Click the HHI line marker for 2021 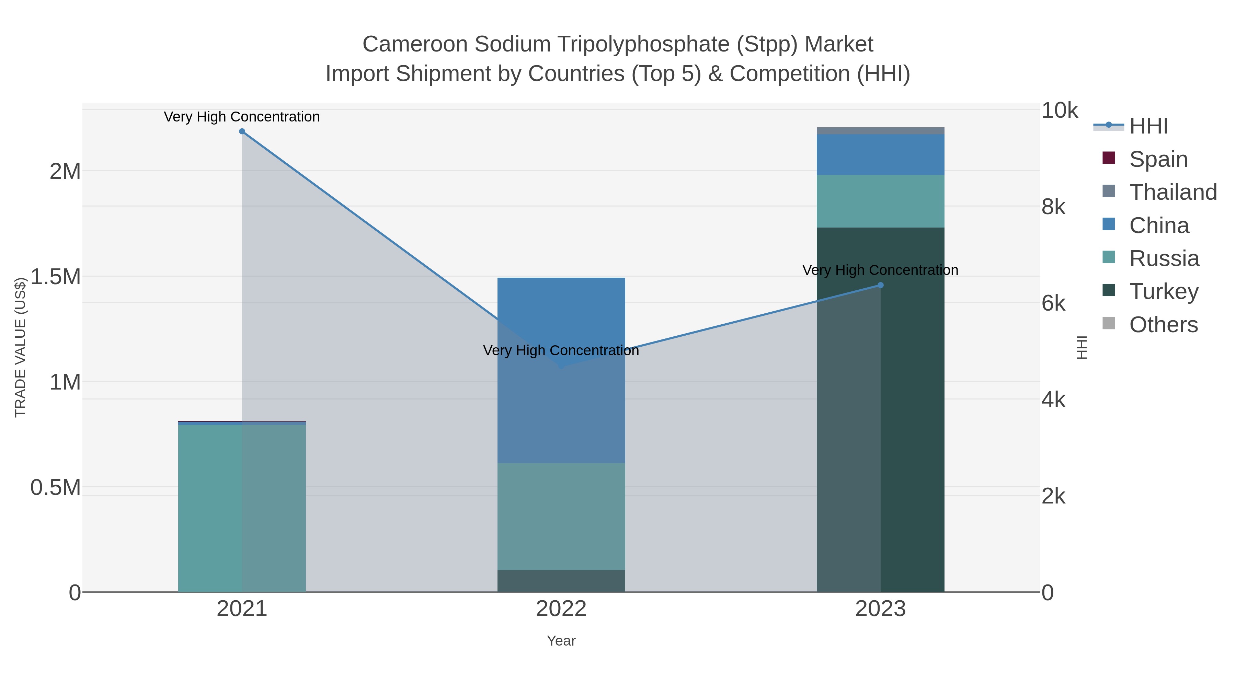pyautogui.click(x=242, y=131)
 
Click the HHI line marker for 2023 pyautogui.click(x=880, y=286)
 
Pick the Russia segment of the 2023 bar pyautogui.click(x=880, y=201)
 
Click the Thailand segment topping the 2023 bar pyautogui.click(x=880, y=131)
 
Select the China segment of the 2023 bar pyautogui.click(x=880, y=154)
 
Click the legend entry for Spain pyautogui.click(x=1158, y=159)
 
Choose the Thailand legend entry pyautogui.click(x=1172, y=192)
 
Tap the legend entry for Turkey pyautogui.click(x=1163, y=292)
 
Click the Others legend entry pyautogui.click(x=1163, y=325)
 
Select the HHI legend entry pyautogui.click(x=1148, y=126)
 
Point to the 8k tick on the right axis pyautogui.click(x=1054, y=207)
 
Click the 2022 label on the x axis pyautogui.click(x=561, y=609)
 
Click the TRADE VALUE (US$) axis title pyautogui.click(x=20, y=347)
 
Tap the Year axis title pyautogui.click(x=561, y=641)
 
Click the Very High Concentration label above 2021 pyautogui.click(x=242, y=117)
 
